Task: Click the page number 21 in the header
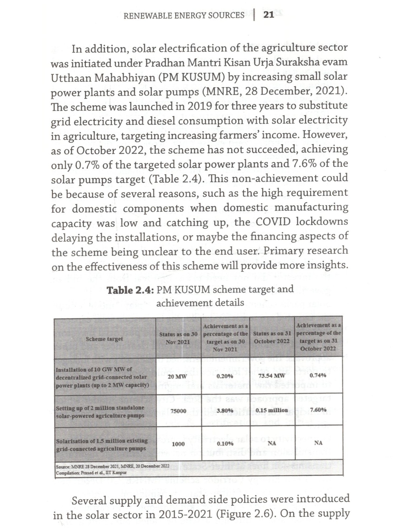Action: (x=269, y=15)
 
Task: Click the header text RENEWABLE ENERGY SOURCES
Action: (x=184, y=16)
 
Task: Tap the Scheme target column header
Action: (x=104, y=339)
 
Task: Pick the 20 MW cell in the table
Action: (x=177, y=376)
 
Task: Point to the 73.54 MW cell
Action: (x=272, y=375)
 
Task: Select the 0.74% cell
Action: (x=318, y=375)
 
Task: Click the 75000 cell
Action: (x=178, y=411)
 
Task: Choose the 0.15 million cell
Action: (x=272, y=410)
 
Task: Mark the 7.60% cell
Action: (x=318, y=410)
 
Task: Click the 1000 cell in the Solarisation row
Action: (x=178, y=444)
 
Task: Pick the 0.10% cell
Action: (x=225, y=444)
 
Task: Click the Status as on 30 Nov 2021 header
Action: (x=178, y=338)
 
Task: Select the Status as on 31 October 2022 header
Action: (x=272, y=337)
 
